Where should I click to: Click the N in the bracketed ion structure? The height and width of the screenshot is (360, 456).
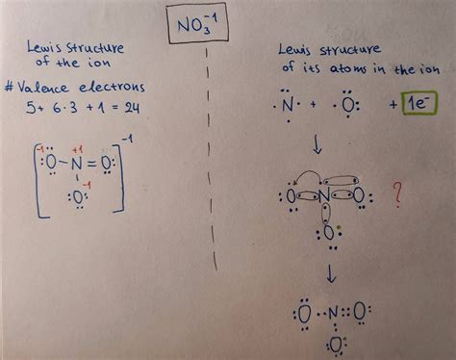click(77, 178)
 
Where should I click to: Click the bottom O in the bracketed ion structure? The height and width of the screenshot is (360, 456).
click(77, 220)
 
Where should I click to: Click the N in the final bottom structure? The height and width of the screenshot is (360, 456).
click(333, 313)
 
